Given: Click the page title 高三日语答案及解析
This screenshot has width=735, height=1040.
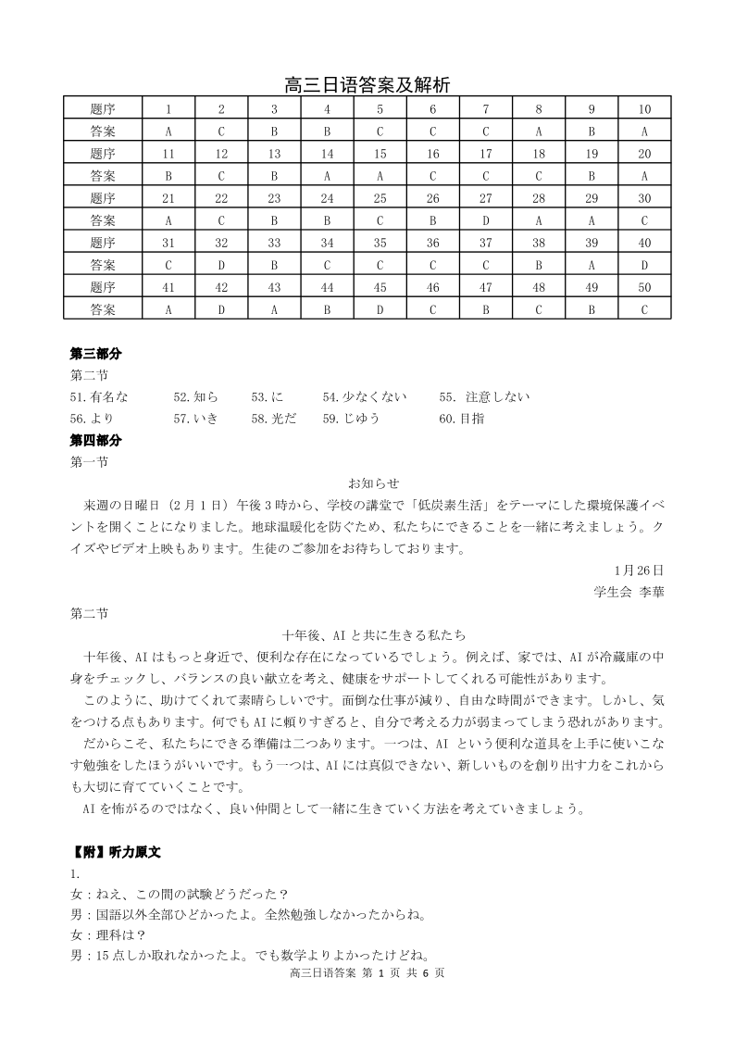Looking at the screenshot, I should pyautogui.click(x=367, y=85).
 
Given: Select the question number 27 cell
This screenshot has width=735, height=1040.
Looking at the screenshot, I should pyautogui.click(x=485, y=198).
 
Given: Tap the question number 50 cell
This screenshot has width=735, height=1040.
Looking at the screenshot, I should pyautogui.click(x=643, y=287).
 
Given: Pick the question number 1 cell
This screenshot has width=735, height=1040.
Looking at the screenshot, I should pyautogui.click(x=168, y=109).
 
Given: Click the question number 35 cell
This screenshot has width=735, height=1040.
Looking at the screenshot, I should pyautogui.click(x=380, y=243).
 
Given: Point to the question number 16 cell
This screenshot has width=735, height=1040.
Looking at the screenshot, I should pyautogui.click(x=432, y=154).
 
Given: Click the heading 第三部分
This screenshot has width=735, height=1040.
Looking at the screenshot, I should pyautogui.click(x=96, y=354).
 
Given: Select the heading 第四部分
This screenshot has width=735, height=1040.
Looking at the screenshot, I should pyautogui.click(x=96, y=440).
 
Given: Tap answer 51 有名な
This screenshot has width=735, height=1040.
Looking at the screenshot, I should pyautogui.click(x=99, y=397).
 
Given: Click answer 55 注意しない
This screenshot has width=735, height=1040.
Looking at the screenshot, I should pyautogui.click(x=485, y=397).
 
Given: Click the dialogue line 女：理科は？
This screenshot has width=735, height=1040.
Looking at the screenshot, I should pyautogui.click(x=106, y=935).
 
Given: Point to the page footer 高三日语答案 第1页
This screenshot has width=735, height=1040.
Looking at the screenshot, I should pyautogui.click(x=367, y=973).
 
